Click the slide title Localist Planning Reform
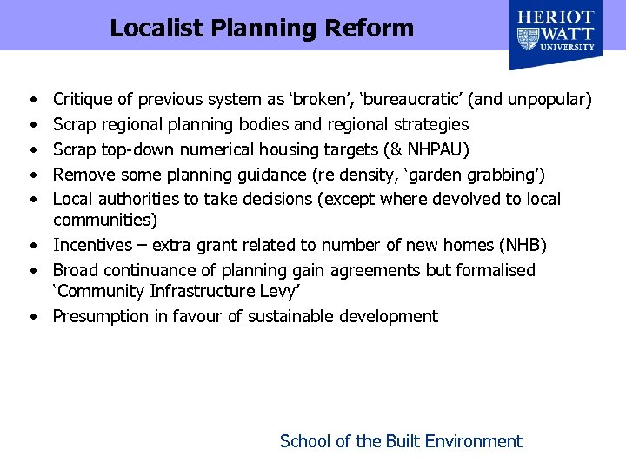262,28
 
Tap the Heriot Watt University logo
556,35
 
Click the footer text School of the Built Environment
401,441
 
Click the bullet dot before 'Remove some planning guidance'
32,175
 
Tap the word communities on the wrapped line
104,221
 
